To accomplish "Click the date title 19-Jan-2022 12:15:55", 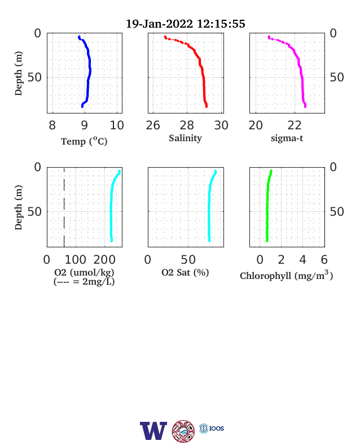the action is point(186,24).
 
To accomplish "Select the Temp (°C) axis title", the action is point(84,141).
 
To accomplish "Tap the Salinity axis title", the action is point(186,138).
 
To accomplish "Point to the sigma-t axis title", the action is point(287,138).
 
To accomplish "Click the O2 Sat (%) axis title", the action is point(185,272).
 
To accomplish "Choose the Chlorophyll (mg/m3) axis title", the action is point(286,275).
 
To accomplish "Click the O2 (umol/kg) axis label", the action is point(84,272).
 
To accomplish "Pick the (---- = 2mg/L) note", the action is point(84,282).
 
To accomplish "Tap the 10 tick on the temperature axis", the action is point(117,125).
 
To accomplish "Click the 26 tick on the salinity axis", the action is point(153,125).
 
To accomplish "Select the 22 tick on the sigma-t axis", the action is point(294,125).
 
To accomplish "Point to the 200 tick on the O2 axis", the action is point(104,260).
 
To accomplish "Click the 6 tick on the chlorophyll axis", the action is point(324,260).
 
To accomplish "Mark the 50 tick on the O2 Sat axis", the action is point(188,260).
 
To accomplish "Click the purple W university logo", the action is point(153,430).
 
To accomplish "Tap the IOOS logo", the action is point(212,428).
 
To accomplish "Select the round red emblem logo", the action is point(183,431).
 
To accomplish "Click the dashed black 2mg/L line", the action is point(64,207).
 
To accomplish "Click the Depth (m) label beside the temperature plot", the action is point(19,73).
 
